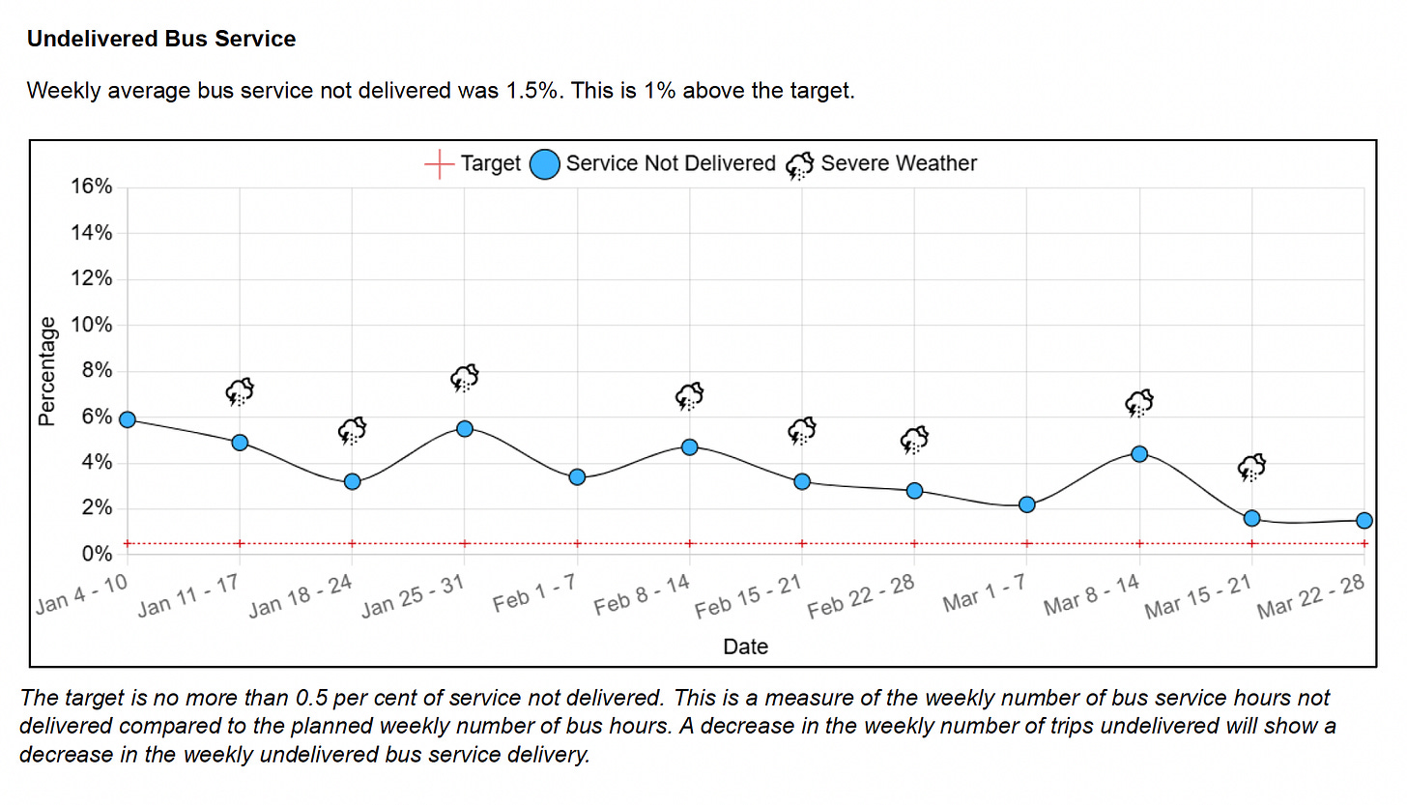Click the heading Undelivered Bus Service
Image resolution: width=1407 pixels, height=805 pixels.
pyautogui.click(x=161, y=40)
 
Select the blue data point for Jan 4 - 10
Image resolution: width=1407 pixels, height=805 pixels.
pyautogui.click(x=127, y=419)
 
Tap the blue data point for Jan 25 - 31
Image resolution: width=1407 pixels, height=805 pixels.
pyautogui.click(x=465, y=428)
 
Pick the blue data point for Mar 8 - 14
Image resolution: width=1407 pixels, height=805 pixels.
pyautogui.click(x=1139, y=453)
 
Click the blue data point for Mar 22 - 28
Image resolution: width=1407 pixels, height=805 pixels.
pyautogui.click(x=1364, y=520)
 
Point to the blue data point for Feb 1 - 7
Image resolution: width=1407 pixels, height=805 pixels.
pyautogui.click(x=577, y=476)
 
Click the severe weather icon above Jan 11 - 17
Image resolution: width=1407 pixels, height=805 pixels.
pyautogui.click(x=240, y=391)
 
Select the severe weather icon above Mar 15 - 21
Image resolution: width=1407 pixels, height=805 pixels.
pyautogui.click(x=1252, y=468)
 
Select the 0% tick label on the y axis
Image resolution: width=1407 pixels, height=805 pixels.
pyautogui.click(x=98, y=555)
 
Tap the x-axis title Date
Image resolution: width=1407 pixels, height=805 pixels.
pyautogui.click(x=745, y=647)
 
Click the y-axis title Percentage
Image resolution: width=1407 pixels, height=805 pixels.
pyautogui.click(x=45, y=371)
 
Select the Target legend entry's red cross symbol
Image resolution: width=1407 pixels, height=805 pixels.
pyautogui.click(x=440, y=164)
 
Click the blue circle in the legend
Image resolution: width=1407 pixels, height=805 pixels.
pyautogui.click(x=546, y=164)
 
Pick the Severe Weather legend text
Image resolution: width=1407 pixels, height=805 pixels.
pyautogui.click(x=899, y=164)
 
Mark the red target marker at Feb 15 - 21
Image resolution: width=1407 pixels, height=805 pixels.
pyautogui.click(x=802, y=543)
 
